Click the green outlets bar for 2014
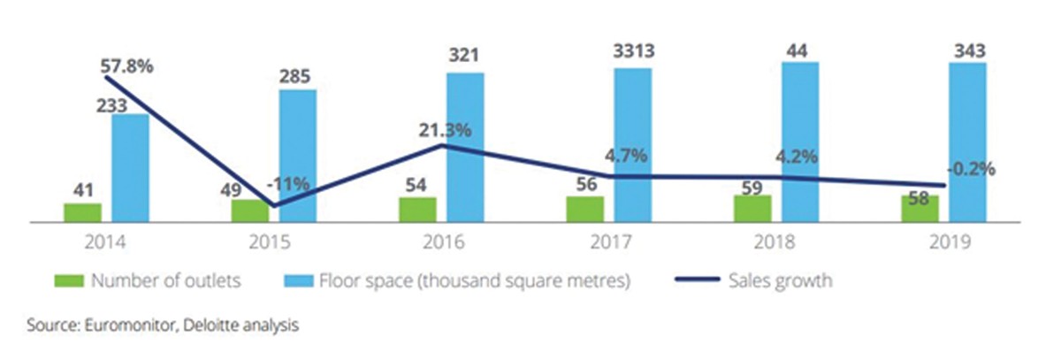point(82,212)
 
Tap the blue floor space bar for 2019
point(967,142)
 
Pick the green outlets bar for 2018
point(752,209)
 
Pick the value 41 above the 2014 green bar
point(82,188)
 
